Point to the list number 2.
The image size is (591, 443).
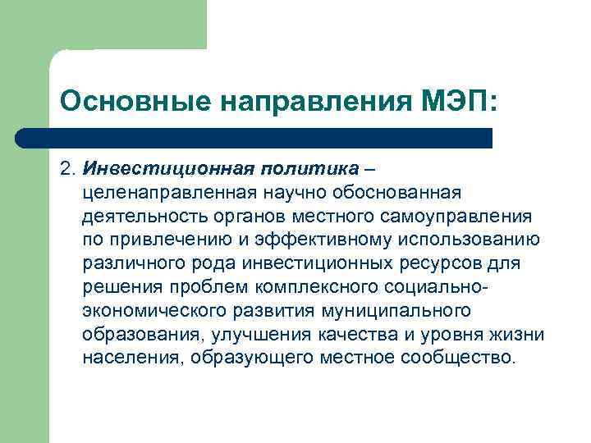(x=66, y=168)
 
